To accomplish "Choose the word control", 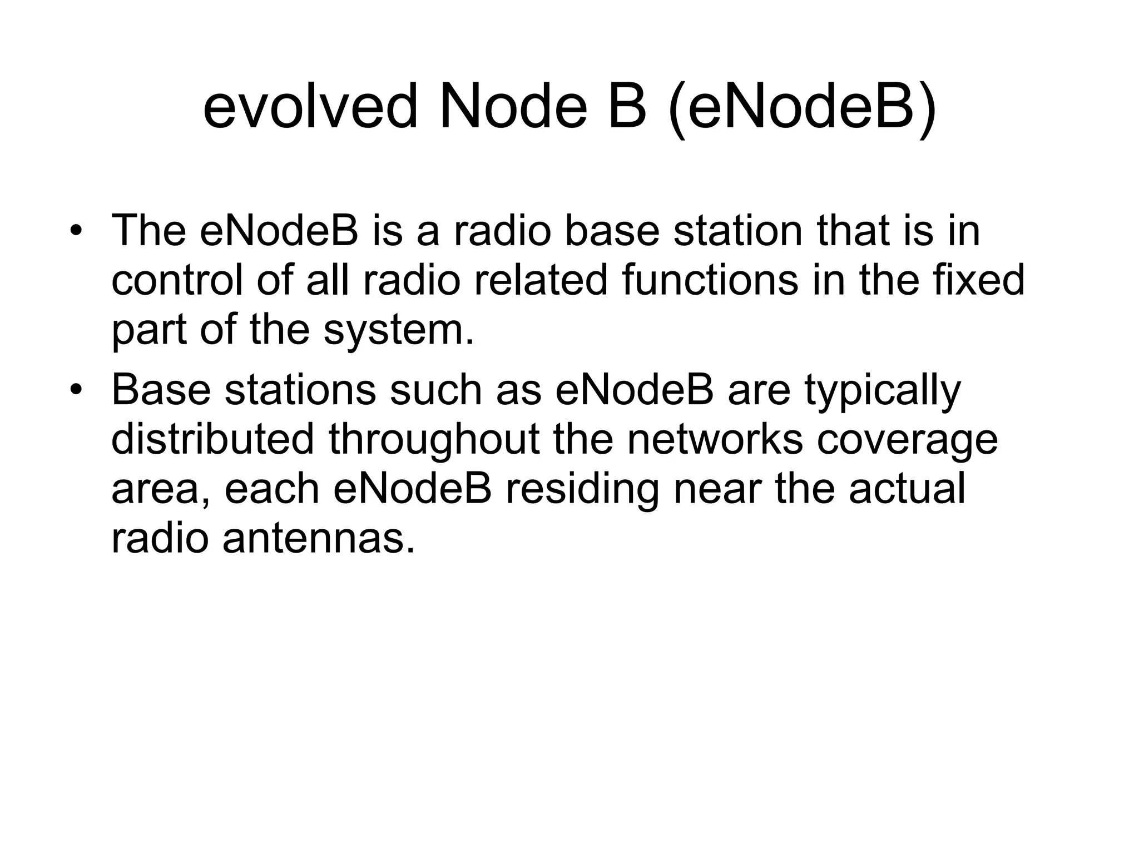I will (x=177, y=280).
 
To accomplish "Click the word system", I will (x=399, y=330).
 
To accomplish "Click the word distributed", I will (x=213, y=439).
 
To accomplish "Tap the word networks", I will (x=715, y=439).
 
